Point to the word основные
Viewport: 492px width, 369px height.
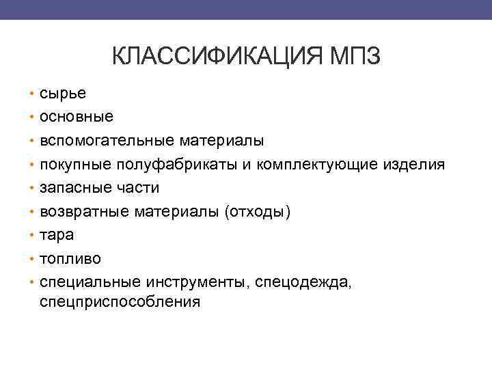pos(77,117)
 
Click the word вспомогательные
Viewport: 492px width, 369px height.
pos(107,141)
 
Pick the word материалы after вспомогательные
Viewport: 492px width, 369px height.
pos(221,141)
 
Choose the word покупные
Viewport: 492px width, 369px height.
pos(72,165)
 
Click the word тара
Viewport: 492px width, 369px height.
pos(57,235)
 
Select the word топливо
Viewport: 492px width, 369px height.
pos(69,259)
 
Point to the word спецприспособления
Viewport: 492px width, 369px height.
pos(120,301)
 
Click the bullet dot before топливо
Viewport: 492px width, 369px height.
pos(32,259)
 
